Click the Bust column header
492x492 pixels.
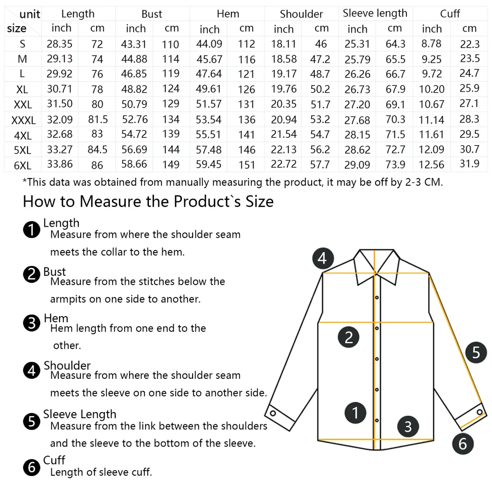pyautogui.click(x=152, y=14)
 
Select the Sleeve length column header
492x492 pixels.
pyautogui.click(x=375, y=13)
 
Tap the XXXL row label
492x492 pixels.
pyautogui.click(x=23, y=120)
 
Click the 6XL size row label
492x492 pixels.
pyautogui.click(x=23, y=166)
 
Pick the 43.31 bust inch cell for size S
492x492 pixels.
pyautogui.click(x=134, y=44)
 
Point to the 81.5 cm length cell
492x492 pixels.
pyautogui.click(x=98, y=119)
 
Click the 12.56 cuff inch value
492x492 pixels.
pyautogui.click(x=431, y=165)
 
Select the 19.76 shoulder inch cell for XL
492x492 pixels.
pyautogui.click(x=284, y=89)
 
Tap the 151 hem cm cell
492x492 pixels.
pyautogui.click(x=247, y=165)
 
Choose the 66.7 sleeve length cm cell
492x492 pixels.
pyautogui.click(x=395, y=74)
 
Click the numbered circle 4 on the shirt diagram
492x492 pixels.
pyautogui.click(x=322, y=258)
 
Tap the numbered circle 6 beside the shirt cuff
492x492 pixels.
pyautogui.click(x=462, y=444)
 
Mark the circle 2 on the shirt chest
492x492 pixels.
pyautogui.click(x=348, y=337)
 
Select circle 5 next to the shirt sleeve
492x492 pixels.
pyautogui.click(x=476, y=352)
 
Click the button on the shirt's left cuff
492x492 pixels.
pyautogui.click(x=272, y=413)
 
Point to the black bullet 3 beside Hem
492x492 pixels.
pyautogui.click(x=32, y=323)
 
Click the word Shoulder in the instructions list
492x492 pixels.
pyautogui.click(x=67, y=365)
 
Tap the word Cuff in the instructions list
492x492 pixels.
pyautogui.click(x=54, y=460)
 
